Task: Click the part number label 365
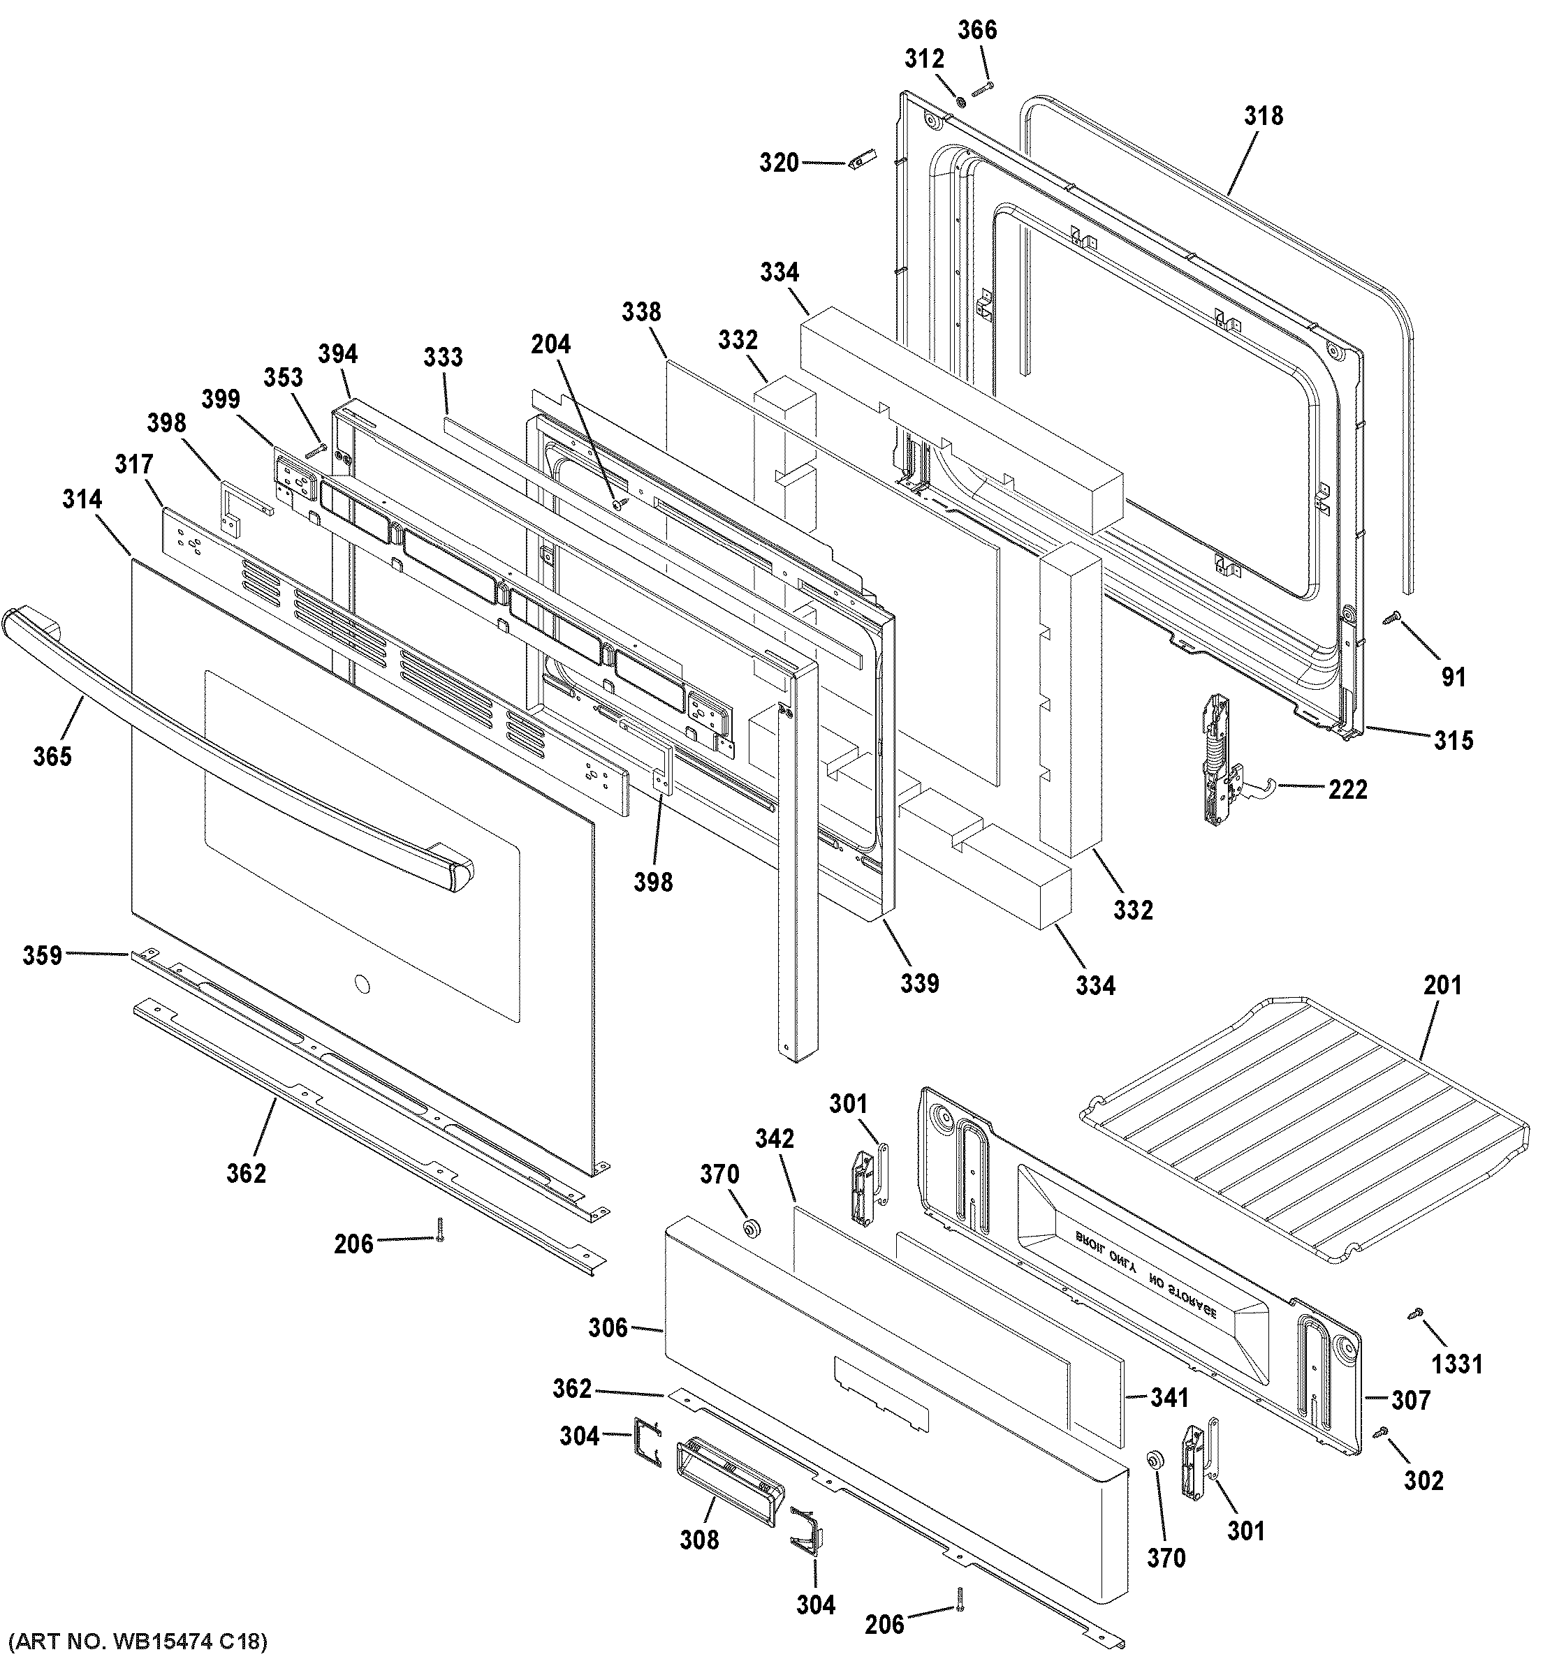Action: click(x=52, y=756)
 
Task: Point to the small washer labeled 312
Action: click(x=960, y=102)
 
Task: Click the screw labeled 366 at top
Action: click(x=982, y=87)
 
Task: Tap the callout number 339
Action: click(x=919, y=983)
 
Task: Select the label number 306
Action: click(x=607, y=1326)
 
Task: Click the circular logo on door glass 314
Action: click(x=360, y=984)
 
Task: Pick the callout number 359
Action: click(x=42, y=954)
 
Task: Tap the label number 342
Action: click(x=774, y=1138)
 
